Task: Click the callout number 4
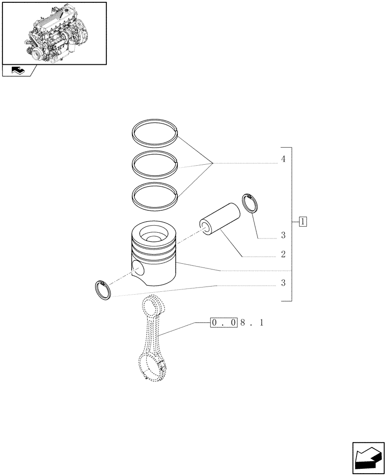[x=283, y=159]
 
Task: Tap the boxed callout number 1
[x=303, y=221]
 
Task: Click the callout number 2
[x=283, y=255]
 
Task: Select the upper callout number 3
[x=283, y=235]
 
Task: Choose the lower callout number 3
[x=283, y=283]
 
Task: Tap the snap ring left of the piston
[x=103, y=289]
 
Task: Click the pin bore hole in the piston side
[x=138, y=269]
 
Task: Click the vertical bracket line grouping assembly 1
[x=291, y=224]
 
